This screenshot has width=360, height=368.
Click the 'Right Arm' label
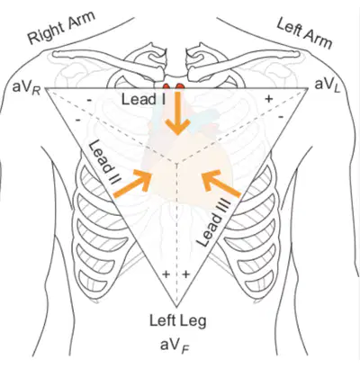click(x=61, y=28)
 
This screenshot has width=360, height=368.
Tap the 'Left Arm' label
click(x=304, y=33)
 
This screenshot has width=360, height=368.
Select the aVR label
click(x=27, y=88)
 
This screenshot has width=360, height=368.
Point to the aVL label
click(x=328, y=85)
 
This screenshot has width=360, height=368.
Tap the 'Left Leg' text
click(x=178, y=321)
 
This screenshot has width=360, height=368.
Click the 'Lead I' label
click(x=143, y=99)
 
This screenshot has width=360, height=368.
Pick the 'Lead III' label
click(x=213, y=223)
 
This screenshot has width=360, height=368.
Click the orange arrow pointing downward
click(x=179, y=112)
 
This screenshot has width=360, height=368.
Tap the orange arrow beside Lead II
click(x=132, y=184)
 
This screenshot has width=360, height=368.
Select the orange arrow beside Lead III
click(x=221, y=184)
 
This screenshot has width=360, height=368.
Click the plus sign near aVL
click(x=269, y=98)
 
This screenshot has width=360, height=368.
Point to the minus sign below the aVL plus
click(x=281, y=116)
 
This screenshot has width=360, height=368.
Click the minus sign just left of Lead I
click(x=89, y=101)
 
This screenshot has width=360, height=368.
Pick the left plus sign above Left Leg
click(x=166, y=274)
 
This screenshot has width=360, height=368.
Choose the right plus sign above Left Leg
click(x=186, y=274)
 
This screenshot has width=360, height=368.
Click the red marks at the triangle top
click(x=174, y=86)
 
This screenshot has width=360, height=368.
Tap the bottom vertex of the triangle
click(x=176, y=307)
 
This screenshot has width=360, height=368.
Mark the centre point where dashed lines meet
click(x=176, y=164)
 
